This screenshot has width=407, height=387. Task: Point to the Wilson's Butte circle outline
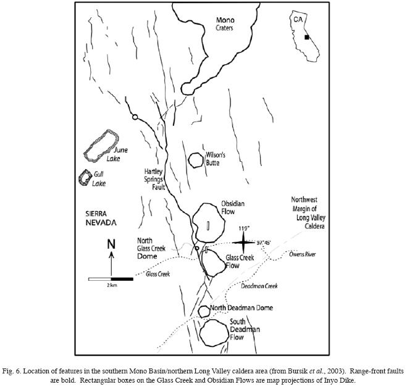click(x=196, y=160)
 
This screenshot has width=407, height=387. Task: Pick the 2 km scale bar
click(x=111, y=279)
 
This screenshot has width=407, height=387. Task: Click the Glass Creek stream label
click(x=157, y=274)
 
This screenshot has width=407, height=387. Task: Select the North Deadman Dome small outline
click(x=204, y=311)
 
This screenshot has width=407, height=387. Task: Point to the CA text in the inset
click(x=298, y=19)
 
